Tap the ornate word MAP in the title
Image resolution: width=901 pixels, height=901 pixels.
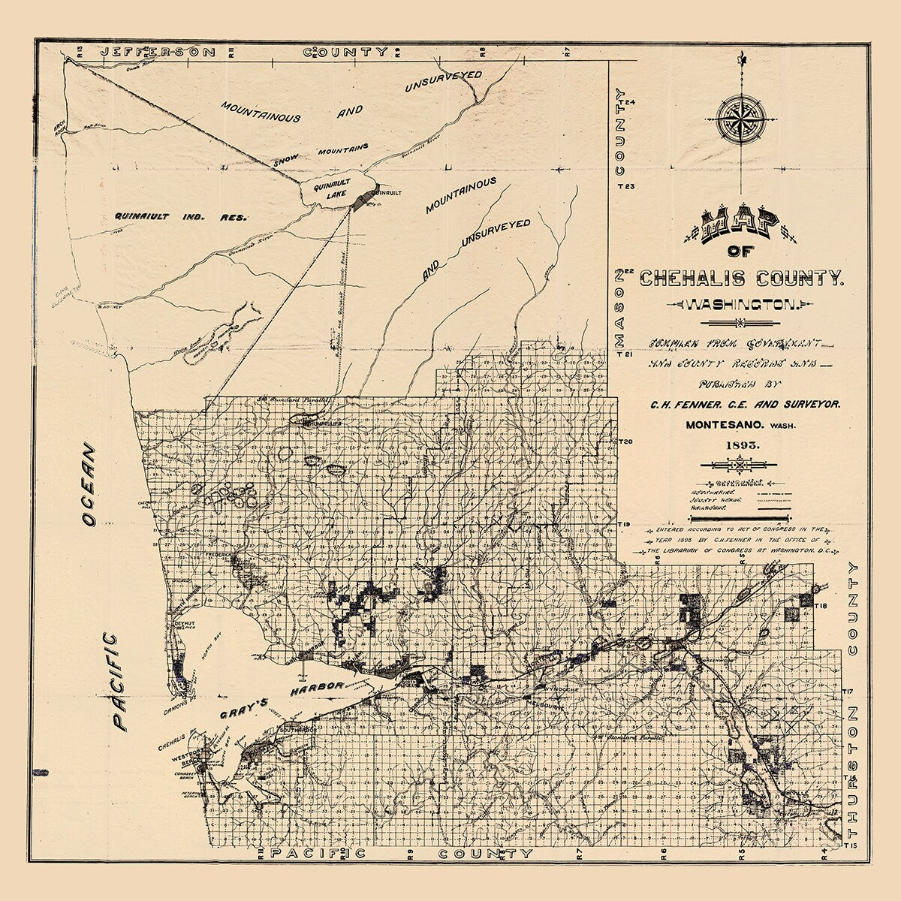740,224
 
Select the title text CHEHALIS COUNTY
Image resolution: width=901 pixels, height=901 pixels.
741,279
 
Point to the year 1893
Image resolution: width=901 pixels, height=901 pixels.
742,444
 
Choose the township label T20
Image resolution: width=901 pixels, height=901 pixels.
625,441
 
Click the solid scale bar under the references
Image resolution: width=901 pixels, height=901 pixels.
740,518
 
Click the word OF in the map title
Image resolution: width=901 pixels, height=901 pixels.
740,252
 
